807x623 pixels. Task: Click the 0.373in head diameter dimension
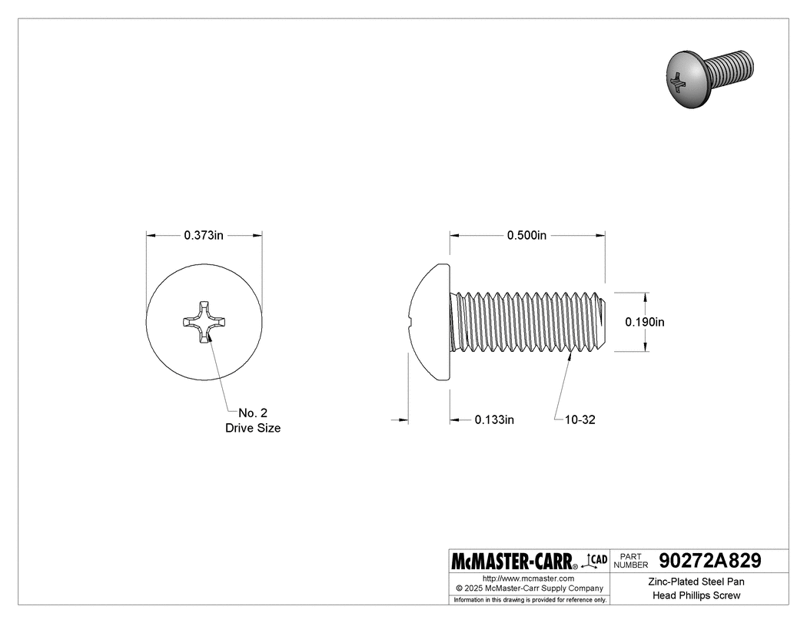[204, 235]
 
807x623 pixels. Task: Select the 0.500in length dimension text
[526, 235]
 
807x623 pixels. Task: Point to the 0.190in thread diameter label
[644, 323]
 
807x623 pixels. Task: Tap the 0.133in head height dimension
[493, 420]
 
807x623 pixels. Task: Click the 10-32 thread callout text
[580, 420]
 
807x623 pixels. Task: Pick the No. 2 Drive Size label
[252, 420]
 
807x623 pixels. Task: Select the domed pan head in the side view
[430, 322]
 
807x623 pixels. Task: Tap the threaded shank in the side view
[530, 322]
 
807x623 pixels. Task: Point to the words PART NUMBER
[630, 560]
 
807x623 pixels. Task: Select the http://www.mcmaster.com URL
[528, 578]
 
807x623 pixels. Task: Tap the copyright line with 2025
[528, 588]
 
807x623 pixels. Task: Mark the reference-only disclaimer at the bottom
[530, 599]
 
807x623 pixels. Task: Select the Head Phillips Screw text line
[696, 595]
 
